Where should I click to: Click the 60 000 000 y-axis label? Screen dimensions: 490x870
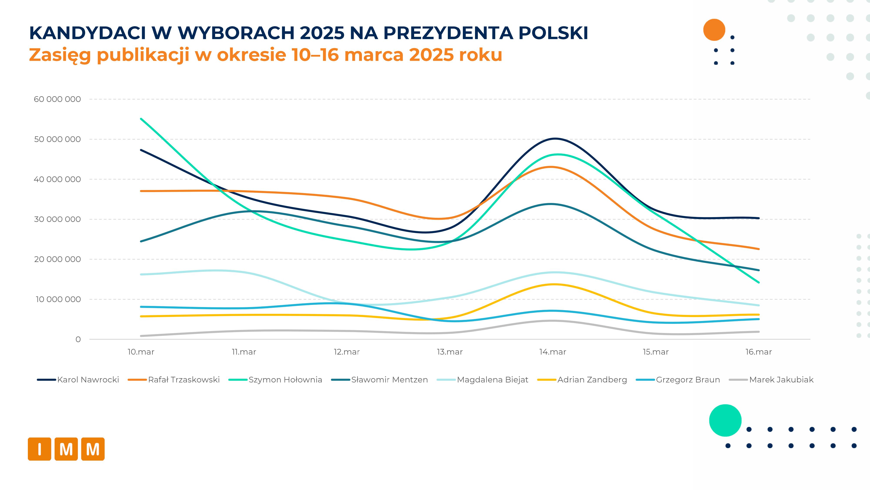click(x=57, y=99)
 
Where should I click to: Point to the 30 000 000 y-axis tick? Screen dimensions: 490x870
click(x=57, y=219)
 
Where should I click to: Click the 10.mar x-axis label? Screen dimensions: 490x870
click(x=141, y=352)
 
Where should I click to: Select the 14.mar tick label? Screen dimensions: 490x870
click(x=552, y=352)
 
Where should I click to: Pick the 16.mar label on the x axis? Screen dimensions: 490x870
click(x=759, y=352)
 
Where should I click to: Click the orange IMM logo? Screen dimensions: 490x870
click(x=66, y=449)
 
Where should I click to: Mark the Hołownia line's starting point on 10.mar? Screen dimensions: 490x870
click(x=141, y=119)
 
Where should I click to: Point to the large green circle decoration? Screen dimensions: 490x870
click(x=725, y=420)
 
